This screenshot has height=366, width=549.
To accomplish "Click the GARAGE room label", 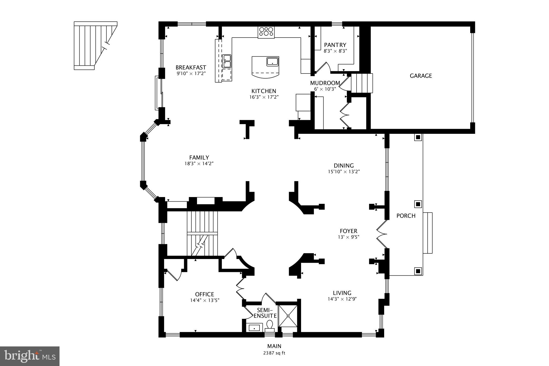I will point(421,76).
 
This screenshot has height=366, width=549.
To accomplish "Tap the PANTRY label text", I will point(335,45).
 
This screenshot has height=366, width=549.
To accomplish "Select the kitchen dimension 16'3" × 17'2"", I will point(264,97).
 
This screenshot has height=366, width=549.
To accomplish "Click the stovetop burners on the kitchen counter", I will point(266,32).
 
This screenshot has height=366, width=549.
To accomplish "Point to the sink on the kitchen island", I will point(272,61).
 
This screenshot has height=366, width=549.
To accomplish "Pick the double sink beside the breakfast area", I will point(227,61).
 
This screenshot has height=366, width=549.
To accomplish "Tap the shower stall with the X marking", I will point(288,316).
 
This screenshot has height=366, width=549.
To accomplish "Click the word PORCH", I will point(406,216).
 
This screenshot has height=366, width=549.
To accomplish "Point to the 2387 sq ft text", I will point(274,353).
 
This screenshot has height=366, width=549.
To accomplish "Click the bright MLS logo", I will point(30,356).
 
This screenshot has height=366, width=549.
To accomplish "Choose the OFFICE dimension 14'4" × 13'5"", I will point(205,301).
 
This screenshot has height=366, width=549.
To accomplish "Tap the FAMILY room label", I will point(199,158).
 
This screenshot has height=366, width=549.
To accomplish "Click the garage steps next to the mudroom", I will point(362,83).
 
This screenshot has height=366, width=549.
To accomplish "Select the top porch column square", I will point(418,138).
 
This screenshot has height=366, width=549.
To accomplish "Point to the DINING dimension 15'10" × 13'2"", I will point(344,172).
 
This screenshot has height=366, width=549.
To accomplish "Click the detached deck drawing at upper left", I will point(91,46).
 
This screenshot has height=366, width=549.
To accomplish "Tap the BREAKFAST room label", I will point(191,67).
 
